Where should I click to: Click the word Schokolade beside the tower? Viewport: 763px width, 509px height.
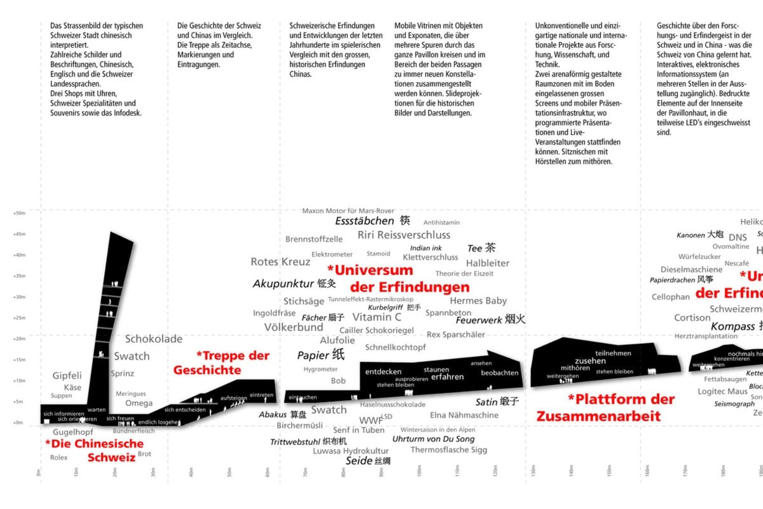[x=154, y=339]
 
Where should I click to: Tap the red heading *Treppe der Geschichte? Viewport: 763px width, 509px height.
[x=222, y=362]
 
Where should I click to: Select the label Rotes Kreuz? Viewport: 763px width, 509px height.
[x=280, y=262]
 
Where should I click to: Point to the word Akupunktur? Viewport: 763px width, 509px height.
[x=283, y=284]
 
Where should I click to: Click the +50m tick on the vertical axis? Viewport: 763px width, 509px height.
[x=19, y=213]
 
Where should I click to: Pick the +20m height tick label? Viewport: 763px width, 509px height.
[x=19, y=338]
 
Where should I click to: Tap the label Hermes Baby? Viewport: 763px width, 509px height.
[x=478, y=301]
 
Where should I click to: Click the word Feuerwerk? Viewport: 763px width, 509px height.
[x=479, y=320]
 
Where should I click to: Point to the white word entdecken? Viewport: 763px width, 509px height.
[x=383, y=372]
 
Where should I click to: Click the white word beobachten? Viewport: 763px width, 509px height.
[x=500, y=373]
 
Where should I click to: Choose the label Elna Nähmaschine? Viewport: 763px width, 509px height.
[x=464, y=415]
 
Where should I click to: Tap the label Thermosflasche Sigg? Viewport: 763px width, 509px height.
[x=449, y=450]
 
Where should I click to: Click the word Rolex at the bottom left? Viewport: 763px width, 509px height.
[x=58, y=458]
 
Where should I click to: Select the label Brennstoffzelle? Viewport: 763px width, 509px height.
[x=314, y=239]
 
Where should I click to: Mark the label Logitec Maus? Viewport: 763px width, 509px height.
[x=722, y=391]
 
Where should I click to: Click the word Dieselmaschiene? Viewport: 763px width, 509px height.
[x=691, y=269]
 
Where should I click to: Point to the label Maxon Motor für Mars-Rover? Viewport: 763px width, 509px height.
[x=348, y=211]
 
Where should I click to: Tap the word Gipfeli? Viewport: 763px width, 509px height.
[x=67, y=376]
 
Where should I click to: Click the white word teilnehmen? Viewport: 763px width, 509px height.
[x=613, y=353]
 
